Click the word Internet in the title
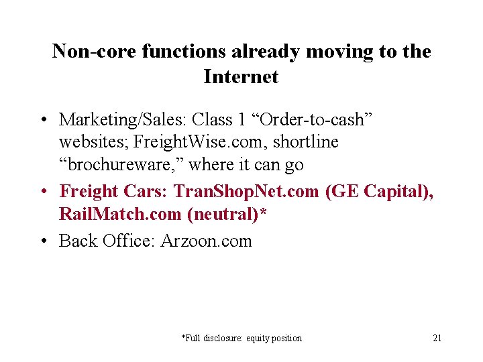point(241,76)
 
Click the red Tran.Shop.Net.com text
point(246,191)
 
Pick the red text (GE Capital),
point(379,191)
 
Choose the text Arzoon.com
point(206,240)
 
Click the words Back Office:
point(107,240)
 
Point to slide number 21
point(437,338)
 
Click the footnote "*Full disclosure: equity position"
point(241,338)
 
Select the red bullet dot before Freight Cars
point(42,192)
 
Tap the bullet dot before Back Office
point(42,241)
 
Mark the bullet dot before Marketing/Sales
point(42,120)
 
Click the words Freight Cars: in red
point(114,191)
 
